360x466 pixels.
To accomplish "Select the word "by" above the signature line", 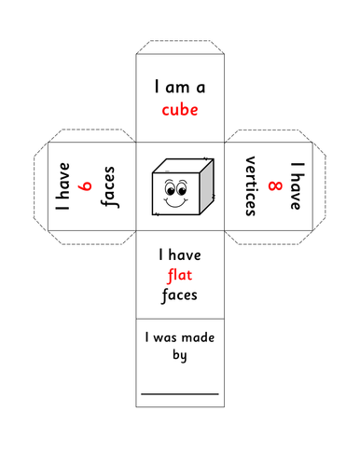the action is pos(179,356).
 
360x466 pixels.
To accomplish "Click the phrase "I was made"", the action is pos(179,336).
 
